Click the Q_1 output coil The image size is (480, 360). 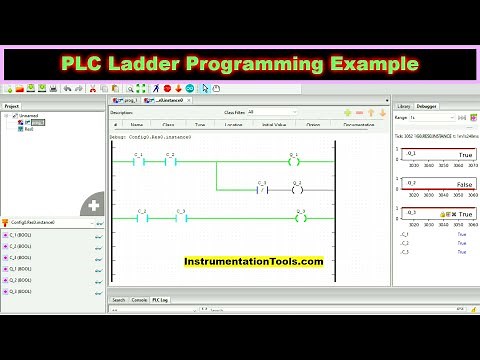click(x=294, y=162)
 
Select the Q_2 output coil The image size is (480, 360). click(x=296, y=189)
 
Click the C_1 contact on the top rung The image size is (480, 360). click(x=139, y=162)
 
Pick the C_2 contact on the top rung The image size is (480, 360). click(x=170, y=162)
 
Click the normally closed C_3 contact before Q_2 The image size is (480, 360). click(x=262, y=189)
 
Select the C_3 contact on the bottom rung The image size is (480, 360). click(x=181, y=217)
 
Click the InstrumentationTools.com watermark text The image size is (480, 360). click(x=253, y=261)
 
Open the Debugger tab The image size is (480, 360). click(x=427, y=104)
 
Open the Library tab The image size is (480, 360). click(x=403, y=104)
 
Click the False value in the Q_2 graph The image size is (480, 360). click(x=464, y=186)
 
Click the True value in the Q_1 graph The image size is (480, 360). click(x=465, y=155)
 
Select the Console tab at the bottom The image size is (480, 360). click(x=139, y=299)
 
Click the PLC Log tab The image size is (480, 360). click(x=160, y=299)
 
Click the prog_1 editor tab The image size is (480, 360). click(x=127, y=101)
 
